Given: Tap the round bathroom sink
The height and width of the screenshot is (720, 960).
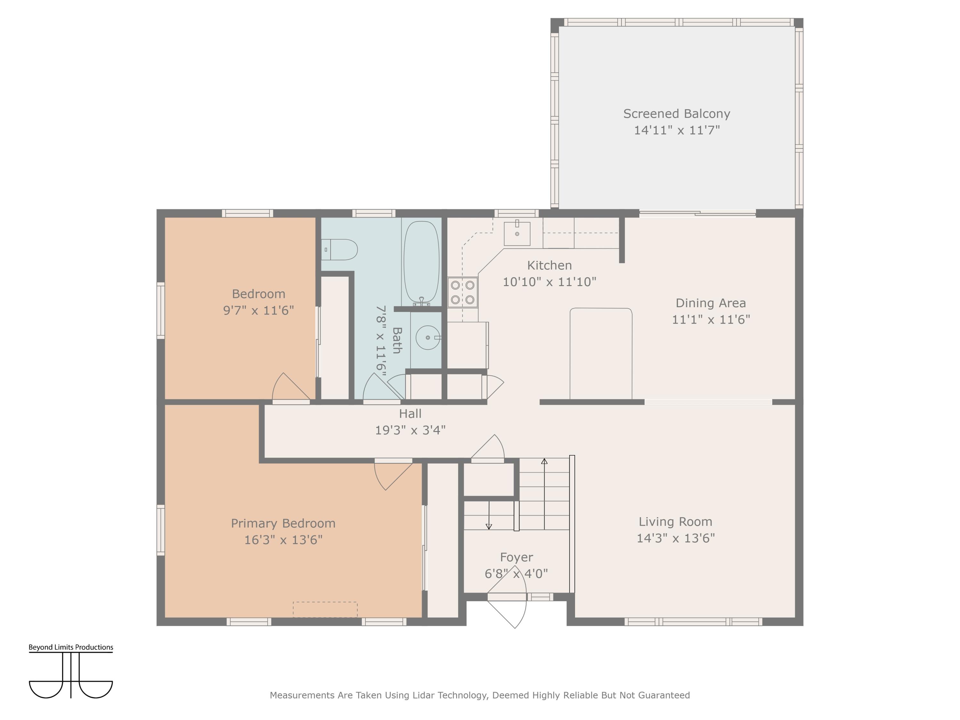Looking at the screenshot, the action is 428,337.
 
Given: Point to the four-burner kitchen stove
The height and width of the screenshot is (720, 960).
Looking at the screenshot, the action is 463,292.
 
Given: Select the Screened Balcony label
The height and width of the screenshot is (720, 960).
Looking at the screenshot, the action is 676,114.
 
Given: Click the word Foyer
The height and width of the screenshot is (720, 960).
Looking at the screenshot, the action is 516,557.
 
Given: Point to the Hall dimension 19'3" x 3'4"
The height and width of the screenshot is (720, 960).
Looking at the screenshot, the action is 410,430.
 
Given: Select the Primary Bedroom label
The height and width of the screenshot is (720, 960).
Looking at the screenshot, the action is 283,524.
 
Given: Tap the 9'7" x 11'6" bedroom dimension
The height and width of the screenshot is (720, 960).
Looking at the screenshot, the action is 259,310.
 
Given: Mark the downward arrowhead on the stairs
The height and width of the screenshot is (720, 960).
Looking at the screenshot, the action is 489,526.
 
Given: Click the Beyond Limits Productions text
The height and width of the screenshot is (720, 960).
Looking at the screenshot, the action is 71,647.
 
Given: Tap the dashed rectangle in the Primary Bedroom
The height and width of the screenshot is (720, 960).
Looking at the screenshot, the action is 325,609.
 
